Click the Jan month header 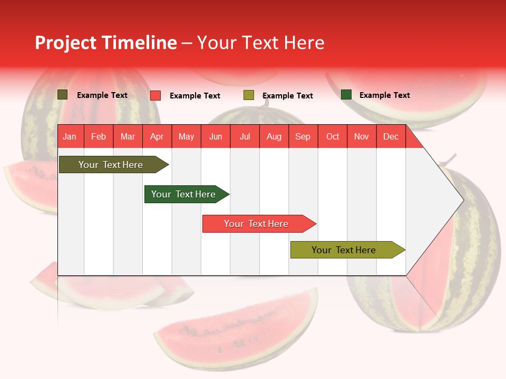[x=70, y=136]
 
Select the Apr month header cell [x=157, y=136]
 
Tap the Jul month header [x=245, y=136]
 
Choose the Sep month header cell [x=303, y=136]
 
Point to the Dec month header [x=391, y=136]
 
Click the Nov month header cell [x=362, y=136]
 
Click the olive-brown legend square [x=63, y=95]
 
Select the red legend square [x=155, y=95]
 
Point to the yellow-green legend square [x=249, y=95]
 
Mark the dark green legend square [x=346, y=95]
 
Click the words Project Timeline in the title [x=106, y=43]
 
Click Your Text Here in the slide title [x=261, y=43]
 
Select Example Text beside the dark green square [x=384, y=95]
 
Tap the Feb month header [x=99, y=136]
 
